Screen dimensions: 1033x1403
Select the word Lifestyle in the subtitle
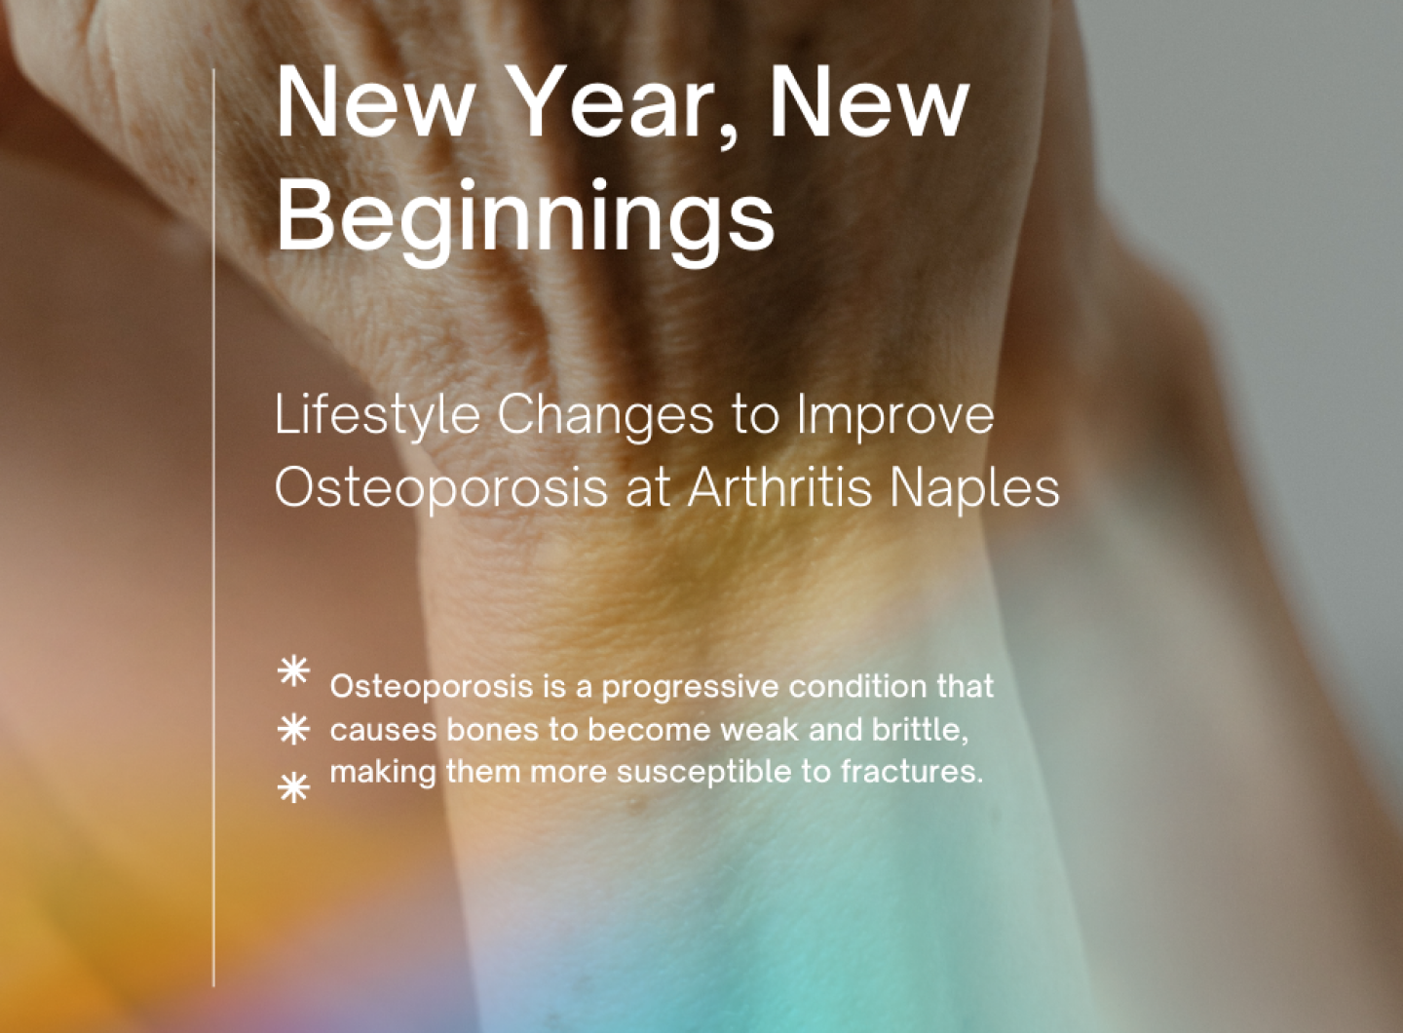coord(377,416)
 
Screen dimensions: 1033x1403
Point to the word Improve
coord(895,416)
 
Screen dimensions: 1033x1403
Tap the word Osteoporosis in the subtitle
coord(441,488)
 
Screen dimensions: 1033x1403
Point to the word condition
coord(856,686)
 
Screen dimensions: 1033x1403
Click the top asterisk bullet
coord(293,672)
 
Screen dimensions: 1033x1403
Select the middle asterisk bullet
coord(293,729)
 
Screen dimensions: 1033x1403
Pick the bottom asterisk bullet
coord(293,787)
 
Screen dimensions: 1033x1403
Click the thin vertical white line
coord(213,526)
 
